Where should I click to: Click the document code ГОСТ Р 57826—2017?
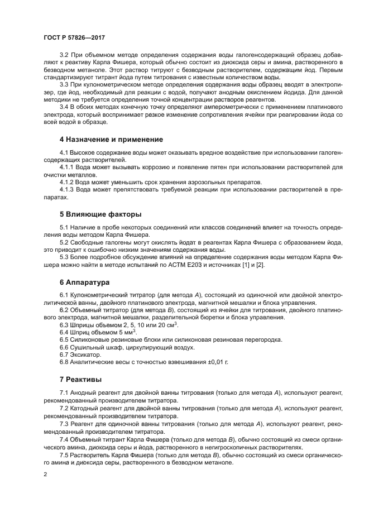coord(74,37)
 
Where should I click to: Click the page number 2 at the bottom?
coord(46,475)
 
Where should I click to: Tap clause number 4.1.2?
coord(68,181)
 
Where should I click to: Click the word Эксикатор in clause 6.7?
coord(85,354)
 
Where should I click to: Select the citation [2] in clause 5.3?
coord(261,264)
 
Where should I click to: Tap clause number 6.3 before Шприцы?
coord(64,324)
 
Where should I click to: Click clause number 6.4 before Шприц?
coord(64,332)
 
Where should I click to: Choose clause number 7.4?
coord(64,440)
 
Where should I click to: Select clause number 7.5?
coord(64,455)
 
